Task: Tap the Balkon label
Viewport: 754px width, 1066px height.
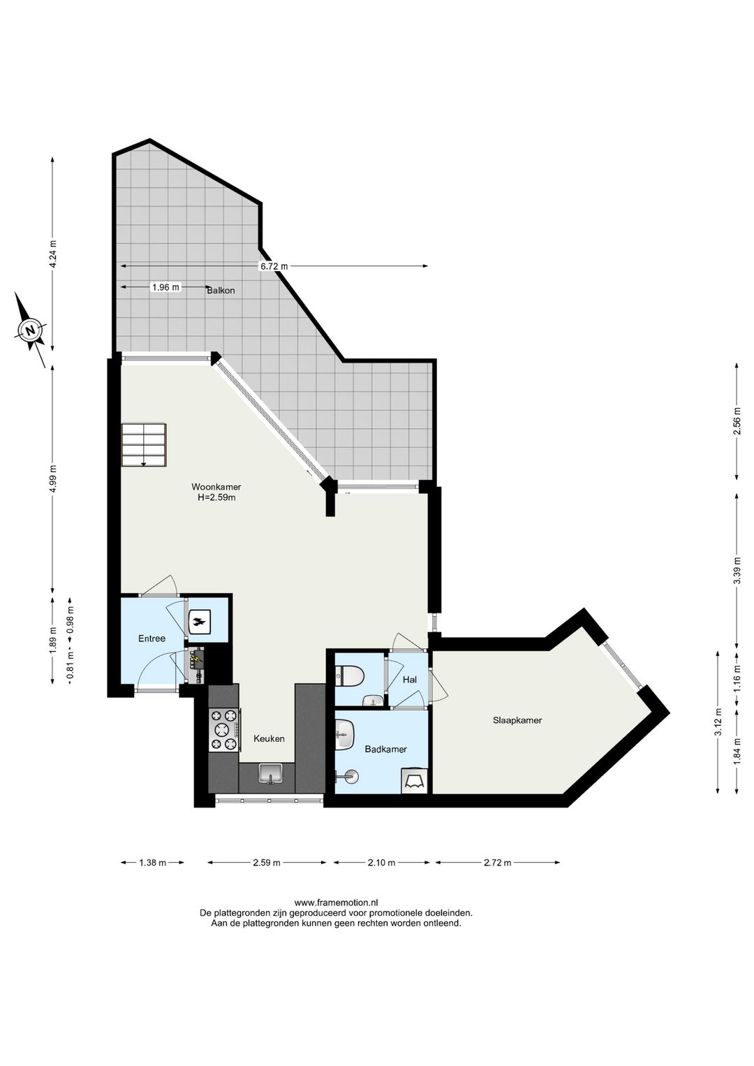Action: (x=221, y=291)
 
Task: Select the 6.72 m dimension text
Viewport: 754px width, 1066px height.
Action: (x=274, y=266)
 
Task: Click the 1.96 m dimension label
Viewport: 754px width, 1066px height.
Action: (x=165, y=287)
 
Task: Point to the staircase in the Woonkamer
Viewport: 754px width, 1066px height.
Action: (x=144, y=444)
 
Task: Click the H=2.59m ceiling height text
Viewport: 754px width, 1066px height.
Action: (x=216, y=498)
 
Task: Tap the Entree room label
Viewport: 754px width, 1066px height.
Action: (x=151, y=638)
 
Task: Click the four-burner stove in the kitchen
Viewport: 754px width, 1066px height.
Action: (x=224, y=731)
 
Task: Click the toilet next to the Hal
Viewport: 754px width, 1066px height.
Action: (x=349, y=676)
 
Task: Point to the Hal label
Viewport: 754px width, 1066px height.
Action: (x=409, y=679)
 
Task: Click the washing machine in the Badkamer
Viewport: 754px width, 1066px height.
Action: (x=415, y=780)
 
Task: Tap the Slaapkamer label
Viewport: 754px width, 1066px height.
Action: (x=517, y=720)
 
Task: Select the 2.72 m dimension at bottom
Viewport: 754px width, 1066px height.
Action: (x=497, y=863)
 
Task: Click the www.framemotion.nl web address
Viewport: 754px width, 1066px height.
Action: (x=337, y=903)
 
